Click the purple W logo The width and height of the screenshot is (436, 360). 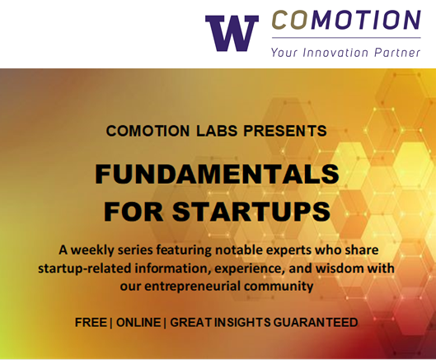point(232,33)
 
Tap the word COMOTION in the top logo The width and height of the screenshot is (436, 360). point(346,20)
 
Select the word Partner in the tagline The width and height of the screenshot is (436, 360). point(397,53)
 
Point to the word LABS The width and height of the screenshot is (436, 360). point(217,131)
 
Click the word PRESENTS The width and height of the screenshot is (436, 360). point(285,131)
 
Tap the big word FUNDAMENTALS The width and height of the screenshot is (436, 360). point(217,174)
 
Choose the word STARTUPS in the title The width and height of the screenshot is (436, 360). point(251,211)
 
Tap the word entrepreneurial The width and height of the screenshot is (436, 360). point(188,287)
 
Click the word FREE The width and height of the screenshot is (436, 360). point(91,322)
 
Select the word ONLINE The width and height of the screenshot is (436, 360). point(138,322)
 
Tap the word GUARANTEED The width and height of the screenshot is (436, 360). point(316,322)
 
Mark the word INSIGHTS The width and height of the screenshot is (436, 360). point(242,322)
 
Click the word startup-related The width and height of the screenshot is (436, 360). point(85,269)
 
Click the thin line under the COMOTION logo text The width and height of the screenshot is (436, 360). point(346,37)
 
